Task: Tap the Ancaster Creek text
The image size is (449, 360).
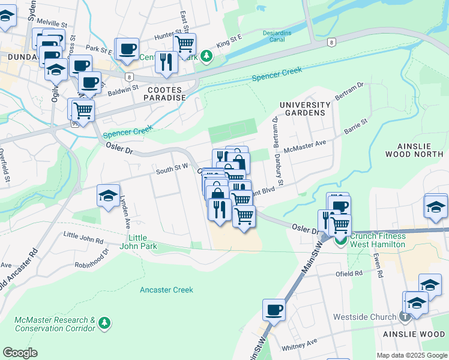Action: click(166, 290)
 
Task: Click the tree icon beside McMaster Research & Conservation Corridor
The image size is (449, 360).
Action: click(104, 323)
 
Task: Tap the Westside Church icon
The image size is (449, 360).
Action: click(406, 316)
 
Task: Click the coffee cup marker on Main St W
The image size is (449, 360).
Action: click(274, 310)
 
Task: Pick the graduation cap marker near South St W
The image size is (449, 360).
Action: click(108, 196)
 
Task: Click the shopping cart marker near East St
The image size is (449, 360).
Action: click(184, 43)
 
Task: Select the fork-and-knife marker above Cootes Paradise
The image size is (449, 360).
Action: click(166, 61)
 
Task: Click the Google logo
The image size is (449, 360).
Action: click(20, 353)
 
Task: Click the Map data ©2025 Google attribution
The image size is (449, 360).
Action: click(411, 355)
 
